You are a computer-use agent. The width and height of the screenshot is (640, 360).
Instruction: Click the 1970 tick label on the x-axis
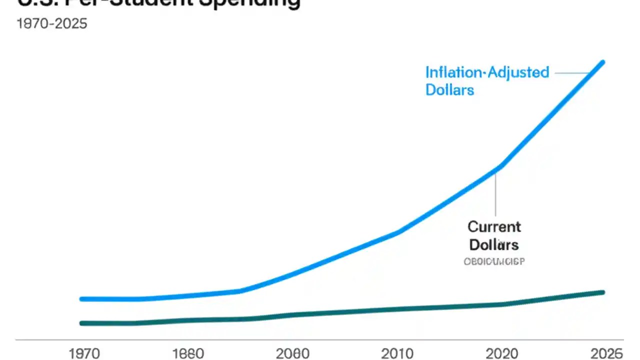point(85,353)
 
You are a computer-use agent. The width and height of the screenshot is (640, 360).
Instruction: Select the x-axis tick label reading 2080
point(292,353)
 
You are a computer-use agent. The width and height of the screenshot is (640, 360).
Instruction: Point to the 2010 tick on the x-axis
point(397,353)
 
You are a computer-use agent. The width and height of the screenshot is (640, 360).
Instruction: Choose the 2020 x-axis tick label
point(501,353)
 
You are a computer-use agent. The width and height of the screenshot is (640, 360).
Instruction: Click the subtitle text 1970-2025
point(52,23)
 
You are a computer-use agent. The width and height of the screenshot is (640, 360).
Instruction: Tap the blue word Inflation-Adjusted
point(487,72)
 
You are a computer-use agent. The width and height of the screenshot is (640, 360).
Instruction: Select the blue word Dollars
point(449,90)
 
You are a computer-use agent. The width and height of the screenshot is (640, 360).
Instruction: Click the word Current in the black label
point(494,226)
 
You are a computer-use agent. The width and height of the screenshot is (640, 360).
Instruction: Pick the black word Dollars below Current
point(494,245)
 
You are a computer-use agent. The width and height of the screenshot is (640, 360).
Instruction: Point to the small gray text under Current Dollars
point(494,261)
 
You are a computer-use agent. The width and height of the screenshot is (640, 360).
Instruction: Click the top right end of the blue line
point(602,62)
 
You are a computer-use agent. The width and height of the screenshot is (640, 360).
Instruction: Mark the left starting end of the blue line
point(82,299)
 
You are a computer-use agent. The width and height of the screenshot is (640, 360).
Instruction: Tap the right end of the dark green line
point(602,292)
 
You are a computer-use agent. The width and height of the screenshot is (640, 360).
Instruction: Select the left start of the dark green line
point(82,323)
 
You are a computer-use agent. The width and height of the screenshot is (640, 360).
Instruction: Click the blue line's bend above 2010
point(397,232)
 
